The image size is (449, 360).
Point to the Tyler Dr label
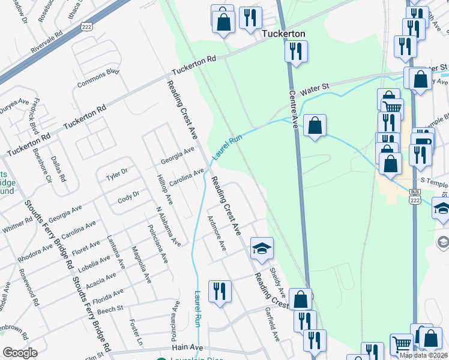(x=116, y=174)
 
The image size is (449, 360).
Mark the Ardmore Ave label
(x=216, y=233)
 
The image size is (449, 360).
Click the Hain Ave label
(x=188, y=347)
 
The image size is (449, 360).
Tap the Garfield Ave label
(x=273, y=325)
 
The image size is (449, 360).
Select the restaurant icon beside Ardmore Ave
(x=220, y=292)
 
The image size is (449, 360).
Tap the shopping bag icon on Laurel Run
(x=315, y=125)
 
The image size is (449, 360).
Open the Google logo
(x=20, y=353)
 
